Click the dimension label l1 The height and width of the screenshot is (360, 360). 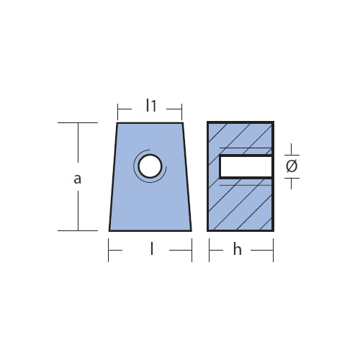[x=150, y=106]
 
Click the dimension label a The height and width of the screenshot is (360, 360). [x=78, y=179]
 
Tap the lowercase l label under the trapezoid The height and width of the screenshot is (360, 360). [x=151, y=249]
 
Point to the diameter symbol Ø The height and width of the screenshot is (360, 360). [x=292, y=166]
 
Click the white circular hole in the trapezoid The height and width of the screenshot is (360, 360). [x=150, y=166]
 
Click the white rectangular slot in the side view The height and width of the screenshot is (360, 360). [x=246, y=166]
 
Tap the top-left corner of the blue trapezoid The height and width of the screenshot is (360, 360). [x=119, y=123]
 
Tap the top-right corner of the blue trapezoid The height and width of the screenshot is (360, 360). [x=182, y=123]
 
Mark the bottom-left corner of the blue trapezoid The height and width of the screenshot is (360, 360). [x=109, y=230]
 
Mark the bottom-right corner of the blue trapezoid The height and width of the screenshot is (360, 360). [x=192, y=230]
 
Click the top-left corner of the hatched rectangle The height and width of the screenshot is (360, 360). [x=208, y=122]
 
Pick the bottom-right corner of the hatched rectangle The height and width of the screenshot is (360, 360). [x=273, y=230]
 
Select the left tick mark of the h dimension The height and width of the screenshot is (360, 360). [x=209, y=251]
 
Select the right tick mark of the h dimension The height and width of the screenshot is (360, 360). [x=273, y=251]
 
